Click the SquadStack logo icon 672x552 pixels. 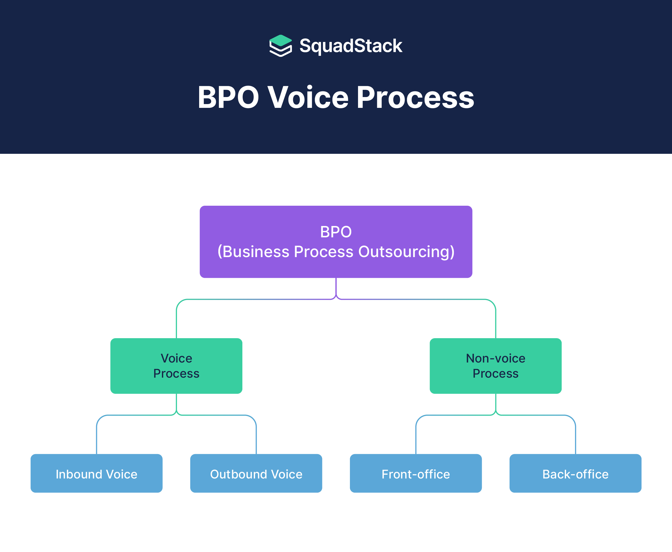(280, 46)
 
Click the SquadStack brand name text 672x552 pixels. (351, 46)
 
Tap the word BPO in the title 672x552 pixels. (228, 97)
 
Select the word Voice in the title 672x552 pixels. (308, 97)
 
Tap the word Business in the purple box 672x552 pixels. (256, 252)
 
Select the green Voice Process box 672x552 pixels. (176, 366)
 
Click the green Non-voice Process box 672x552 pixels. (496, 366)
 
